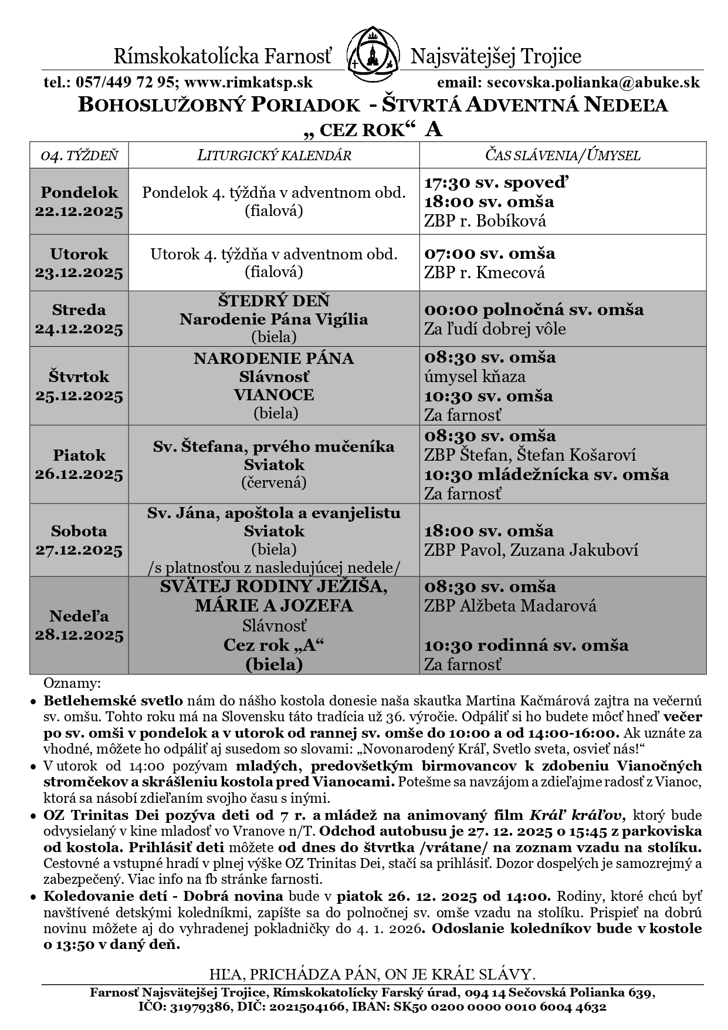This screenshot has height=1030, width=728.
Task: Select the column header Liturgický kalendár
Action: coord(274,156)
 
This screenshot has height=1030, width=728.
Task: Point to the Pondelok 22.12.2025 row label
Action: coord(79,202)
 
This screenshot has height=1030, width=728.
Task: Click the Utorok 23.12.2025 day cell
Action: coord(79,263)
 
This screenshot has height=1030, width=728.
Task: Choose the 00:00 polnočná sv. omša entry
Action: coord(534,309)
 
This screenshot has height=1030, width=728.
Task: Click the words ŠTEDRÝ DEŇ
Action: coord(273,301)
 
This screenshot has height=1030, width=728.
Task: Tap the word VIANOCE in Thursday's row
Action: coord(274,394)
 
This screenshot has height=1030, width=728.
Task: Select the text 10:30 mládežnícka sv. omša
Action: coord(546,474)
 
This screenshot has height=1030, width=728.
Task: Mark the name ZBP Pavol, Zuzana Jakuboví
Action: coord(531,551)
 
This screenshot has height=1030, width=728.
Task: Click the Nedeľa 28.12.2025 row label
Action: coord(79,626)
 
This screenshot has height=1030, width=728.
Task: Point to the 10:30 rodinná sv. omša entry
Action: coord(526,646)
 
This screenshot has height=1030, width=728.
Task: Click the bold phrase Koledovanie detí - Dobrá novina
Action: coord(164,896)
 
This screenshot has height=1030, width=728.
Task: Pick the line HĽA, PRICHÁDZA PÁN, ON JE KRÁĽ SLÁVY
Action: coord(373,975)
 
